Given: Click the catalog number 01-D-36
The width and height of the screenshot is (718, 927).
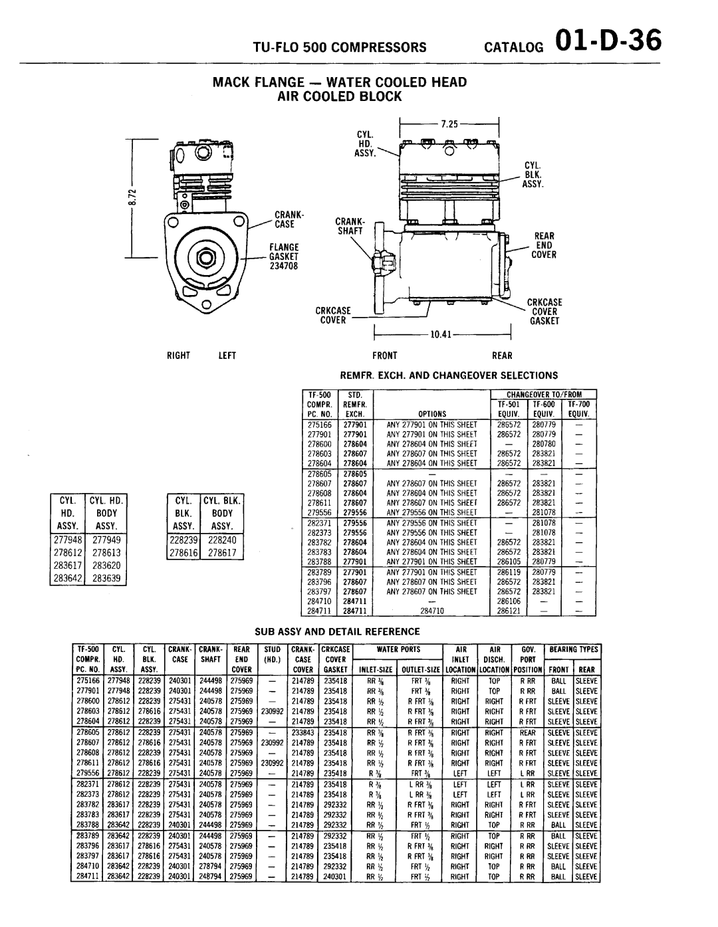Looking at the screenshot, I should pyautogui.click(x=610, y=41).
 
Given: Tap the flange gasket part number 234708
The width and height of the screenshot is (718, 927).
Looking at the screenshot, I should pyautogui.click(x=281, y=266).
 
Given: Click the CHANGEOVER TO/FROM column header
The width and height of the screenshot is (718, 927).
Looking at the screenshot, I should pyautogui.click(x=544, y=395).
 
